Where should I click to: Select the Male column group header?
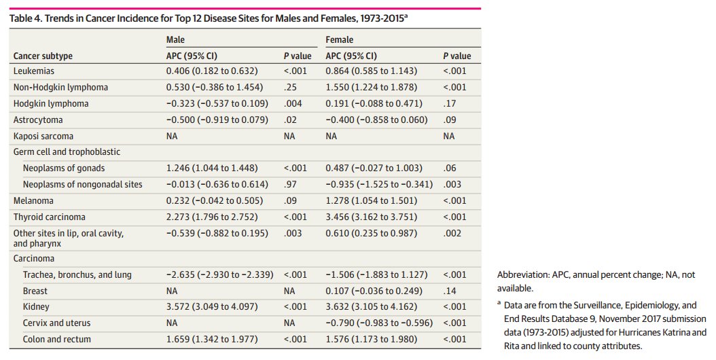point(175,40)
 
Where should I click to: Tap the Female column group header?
point(340,40)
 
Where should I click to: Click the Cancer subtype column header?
point(43,56)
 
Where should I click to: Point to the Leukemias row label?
point(34,71)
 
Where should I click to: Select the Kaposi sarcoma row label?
point(43,136)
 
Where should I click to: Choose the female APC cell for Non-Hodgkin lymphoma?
point(375,87)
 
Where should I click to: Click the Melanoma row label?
point(33,201)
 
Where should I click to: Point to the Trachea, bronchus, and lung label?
point(77,274)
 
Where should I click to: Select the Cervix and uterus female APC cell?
point(378,323)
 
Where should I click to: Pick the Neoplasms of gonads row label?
point(64,168)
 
